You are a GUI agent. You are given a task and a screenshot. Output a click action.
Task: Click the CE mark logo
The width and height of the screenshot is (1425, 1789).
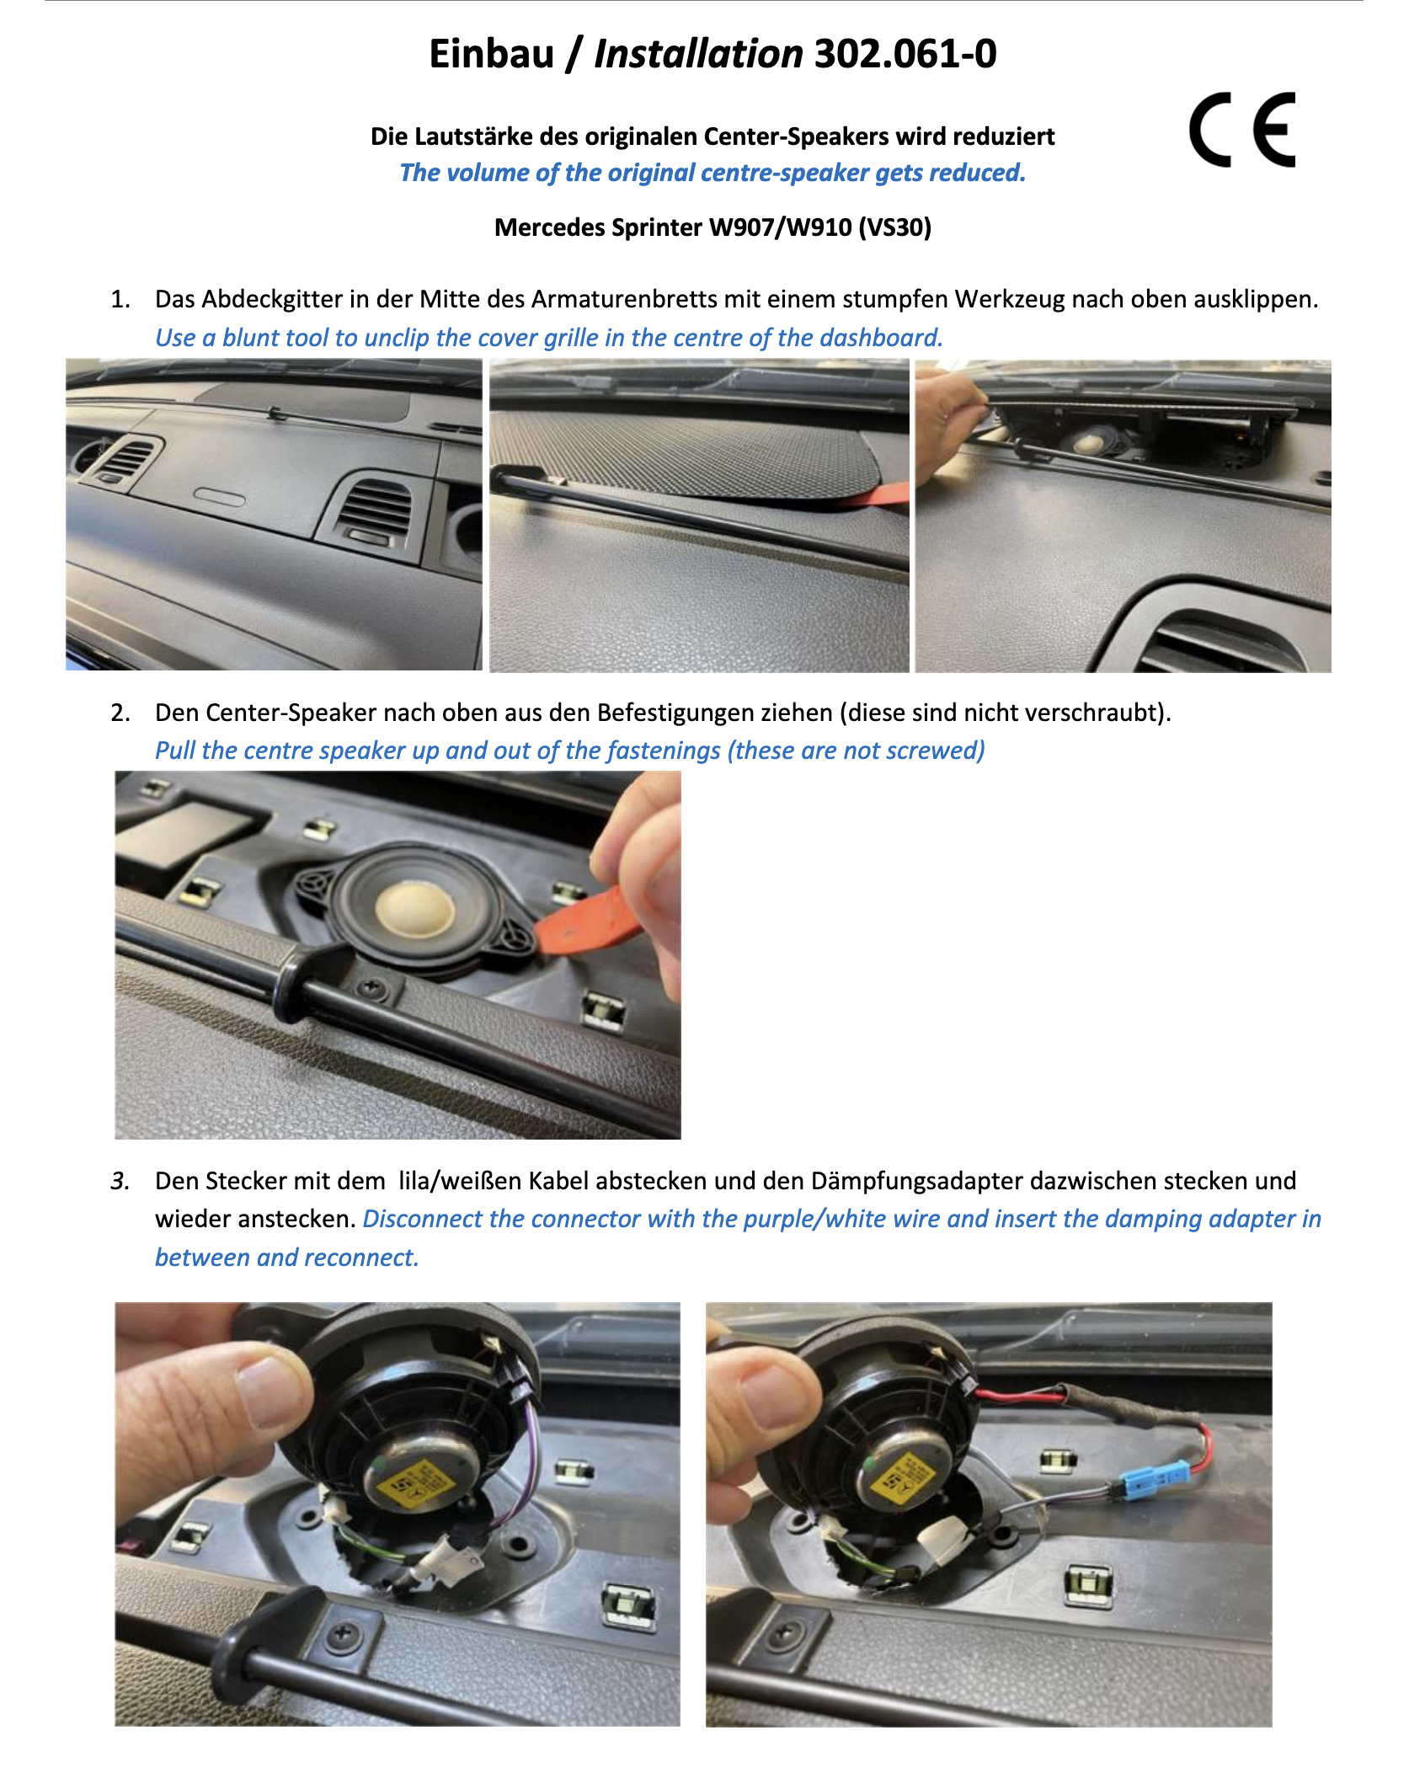(x=1241, y=130)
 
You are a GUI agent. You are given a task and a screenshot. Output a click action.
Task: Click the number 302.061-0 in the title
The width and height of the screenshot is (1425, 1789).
(x=905, y=54)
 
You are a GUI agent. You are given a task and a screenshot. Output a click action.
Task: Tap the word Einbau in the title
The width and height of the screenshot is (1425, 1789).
(x=491, y=54)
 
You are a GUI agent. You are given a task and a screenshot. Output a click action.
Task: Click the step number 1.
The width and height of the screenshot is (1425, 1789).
(x=120, y=300)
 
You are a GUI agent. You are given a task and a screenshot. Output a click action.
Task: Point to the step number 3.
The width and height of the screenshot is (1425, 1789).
(x=120, y=1181)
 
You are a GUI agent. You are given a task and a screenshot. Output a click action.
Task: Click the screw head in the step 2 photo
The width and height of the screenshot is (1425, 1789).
(x=369, y=985)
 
